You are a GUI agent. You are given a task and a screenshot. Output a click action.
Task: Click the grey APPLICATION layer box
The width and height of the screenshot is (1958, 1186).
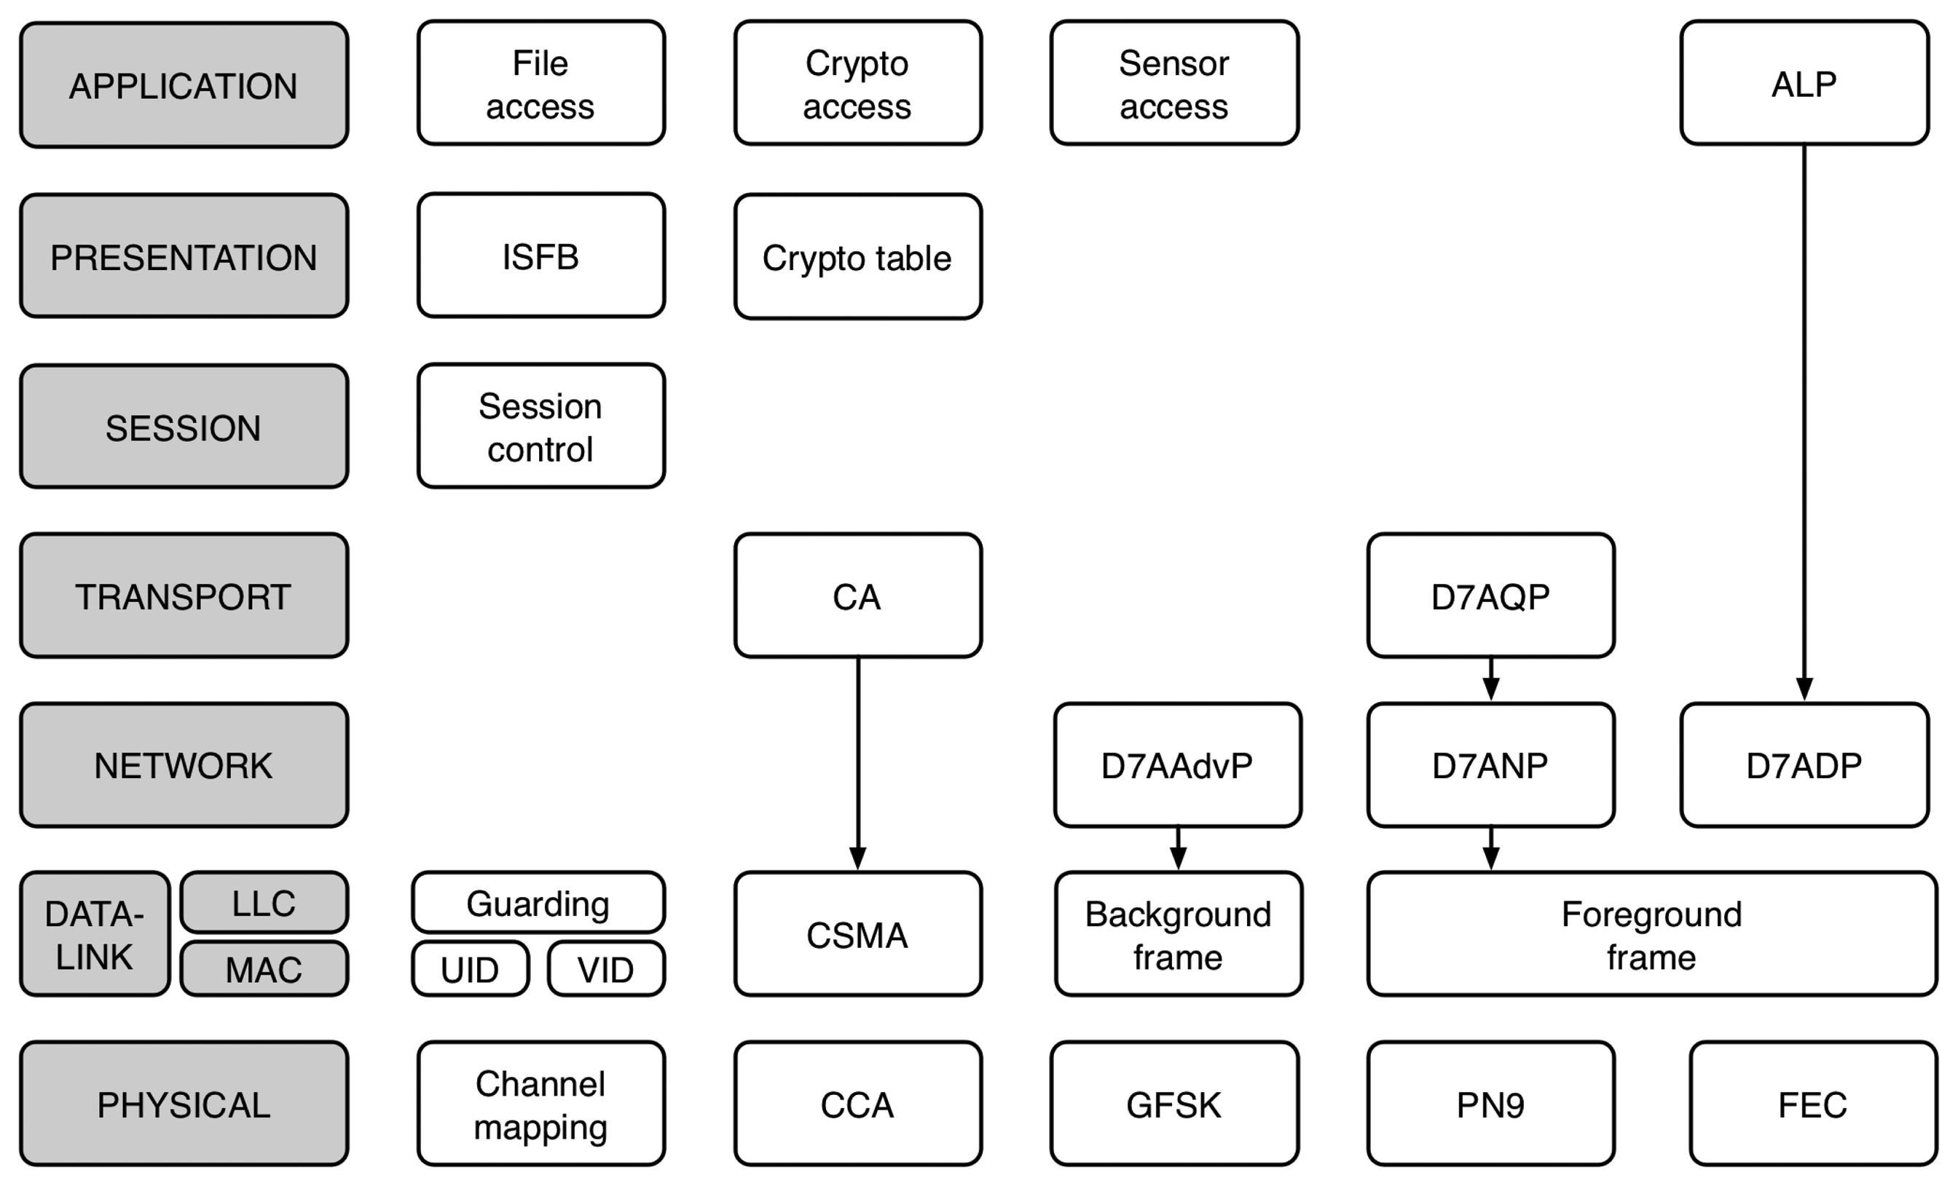point(184,85)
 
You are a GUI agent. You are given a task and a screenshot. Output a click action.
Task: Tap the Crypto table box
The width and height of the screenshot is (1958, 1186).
point(857,256)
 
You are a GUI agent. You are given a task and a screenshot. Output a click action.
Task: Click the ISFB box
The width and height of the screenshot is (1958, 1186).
point(540,256)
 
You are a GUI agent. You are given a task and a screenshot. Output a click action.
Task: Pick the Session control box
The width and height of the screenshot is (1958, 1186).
point(540,427)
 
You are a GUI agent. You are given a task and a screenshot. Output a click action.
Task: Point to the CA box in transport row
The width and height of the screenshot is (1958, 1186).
point(857,596)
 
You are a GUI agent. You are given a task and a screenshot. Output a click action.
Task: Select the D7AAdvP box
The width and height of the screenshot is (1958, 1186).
point(1177,765)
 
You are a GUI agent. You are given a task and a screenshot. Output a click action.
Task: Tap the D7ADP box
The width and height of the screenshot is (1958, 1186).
point(1804,765)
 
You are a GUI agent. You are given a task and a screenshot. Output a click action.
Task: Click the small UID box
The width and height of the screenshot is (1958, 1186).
point(470,969)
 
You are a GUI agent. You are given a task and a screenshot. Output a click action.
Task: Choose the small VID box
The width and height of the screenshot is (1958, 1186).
point(605,969)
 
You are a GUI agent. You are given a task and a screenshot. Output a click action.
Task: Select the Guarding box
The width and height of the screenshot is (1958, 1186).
point(538,902)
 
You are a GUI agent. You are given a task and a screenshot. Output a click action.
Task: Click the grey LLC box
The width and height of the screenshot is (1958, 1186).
point(264,902)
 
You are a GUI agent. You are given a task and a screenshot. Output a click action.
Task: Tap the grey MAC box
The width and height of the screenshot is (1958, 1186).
point(264,969)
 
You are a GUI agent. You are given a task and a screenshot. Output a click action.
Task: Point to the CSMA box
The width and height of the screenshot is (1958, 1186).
point(857,934)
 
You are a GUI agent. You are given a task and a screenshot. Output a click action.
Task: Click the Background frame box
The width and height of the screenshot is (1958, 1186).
point(1178,934)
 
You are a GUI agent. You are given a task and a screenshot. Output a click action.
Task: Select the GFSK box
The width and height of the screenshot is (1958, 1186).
point(1173,1104)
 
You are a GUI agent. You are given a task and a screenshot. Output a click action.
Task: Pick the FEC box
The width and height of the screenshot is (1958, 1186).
point(1812,1104)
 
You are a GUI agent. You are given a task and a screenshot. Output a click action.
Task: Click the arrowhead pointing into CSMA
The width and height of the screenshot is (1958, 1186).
point(857,858)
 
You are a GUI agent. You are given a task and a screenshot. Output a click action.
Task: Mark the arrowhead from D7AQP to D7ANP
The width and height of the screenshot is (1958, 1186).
point(1491,689)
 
